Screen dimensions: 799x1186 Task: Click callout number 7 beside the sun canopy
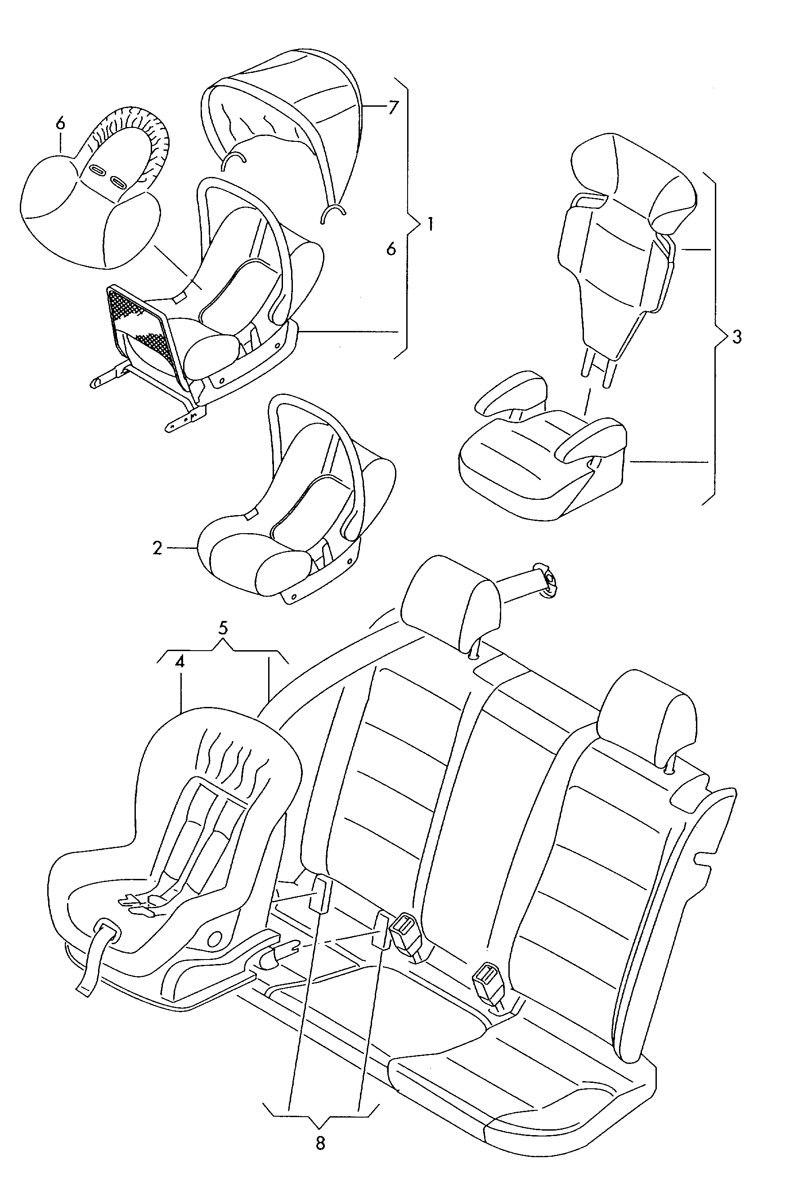392,109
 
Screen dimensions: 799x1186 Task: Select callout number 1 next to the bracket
430,224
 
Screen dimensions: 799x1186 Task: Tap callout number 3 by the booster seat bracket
737,337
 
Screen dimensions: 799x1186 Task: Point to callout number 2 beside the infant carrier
157,548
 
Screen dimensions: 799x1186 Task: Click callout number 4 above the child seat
179,662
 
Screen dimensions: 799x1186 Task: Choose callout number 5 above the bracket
223,628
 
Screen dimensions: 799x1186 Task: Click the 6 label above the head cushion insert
61,123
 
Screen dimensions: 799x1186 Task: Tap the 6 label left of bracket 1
391,249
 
